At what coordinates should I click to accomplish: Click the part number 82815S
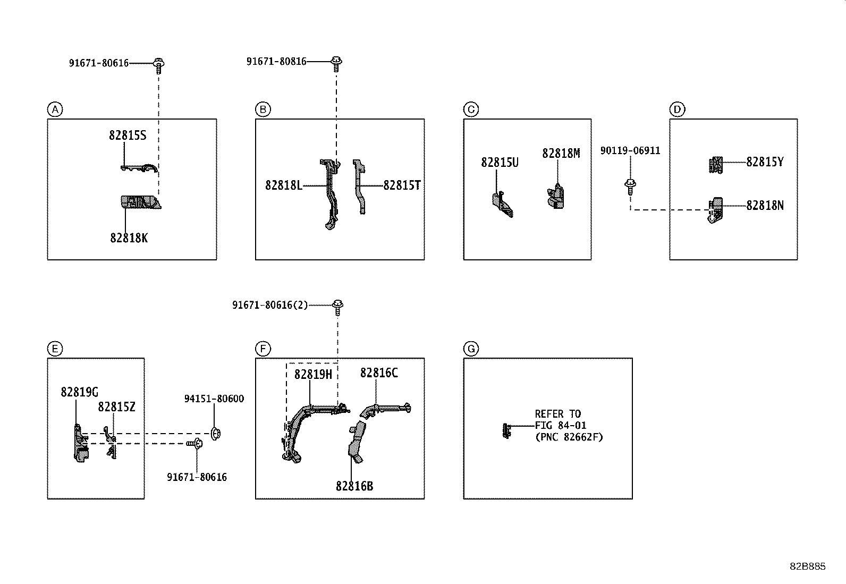click(128, 136)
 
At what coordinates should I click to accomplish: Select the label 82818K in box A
click(129, 238)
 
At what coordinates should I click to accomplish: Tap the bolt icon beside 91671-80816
click(336, 64)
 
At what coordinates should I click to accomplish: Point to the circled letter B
click(263, 109)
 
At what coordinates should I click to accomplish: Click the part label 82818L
click(284, 185)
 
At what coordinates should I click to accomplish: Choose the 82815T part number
click(402, 185)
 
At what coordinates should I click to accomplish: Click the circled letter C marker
click(471, 109)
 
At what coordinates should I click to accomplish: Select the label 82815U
click(500, 163)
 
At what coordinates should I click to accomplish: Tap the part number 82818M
click(561, 154)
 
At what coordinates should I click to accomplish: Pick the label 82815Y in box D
click(765, 162)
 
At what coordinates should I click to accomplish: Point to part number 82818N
click(765, 206)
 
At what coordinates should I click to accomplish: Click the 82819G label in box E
click(80, 392)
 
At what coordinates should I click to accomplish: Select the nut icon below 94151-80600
click(215, 433)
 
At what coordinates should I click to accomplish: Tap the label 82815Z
click(116, 407)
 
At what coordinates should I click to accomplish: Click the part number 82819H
click(313, 375)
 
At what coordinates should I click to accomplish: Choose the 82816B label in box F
click(354, 486)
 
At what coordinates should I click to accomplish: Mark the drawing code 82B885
click(807, 566)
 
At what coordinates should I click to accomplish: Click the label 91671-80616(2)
click(269, 305)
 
